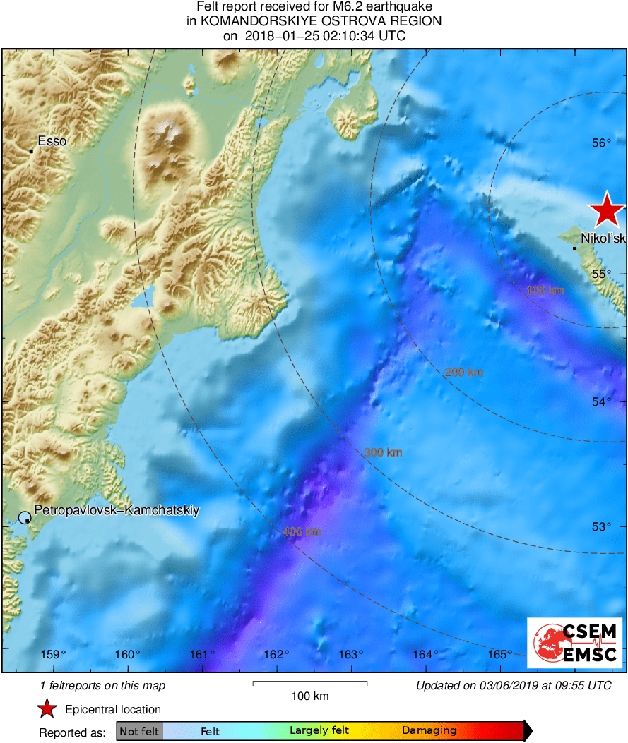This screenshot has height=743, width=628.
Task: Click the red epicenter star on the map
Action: (x=607, y=210)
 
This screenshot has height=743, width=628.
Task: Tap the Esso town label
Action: (x=52, y=141)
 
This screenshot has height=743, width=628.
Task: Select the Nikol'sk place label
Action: (x=603, y=238)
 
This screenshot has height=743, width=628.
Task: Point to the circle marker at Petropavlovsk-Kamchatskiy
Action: (x=25, y=517)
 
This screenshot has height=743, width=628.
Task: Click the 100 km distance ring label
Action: (x=546, y=290)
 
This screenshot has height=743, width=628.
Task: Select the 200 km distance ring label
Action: (x=463, y=372)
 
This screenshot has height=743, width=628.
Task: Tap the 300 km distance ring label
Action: (x=383, y=452)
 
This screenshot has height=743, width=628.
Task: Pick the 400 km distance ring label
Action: (x=302, y=531)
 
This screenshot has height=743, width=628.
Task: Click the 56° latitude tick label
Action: (x=602, y=143)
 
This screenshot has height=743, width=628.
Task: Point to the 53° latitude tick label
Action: (x=602, y=526)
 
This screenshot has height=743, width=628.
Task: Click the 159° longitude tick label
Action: (x=53, y=654)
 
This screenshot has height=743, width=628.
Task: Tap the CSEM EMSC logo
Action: (x=575, y=643)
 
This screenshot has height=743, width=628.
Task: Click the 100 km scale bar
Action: (x=310, y=683)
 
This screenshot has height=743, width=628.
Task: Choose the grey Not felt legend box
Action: (x=139, y=731)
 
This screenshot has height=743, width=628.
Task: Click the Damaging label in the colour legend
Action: (x=429, y=731)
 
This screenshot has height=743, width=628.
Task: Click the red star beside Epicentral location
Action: (x=47, y=709)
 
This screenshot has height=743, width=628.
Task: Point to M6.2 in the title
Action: (x=312, y=7)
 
